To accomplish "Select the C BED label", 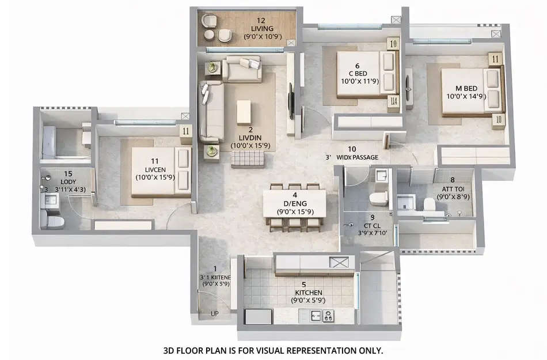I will tap(358, 73).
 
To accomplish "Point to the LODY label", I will tap(69, 182).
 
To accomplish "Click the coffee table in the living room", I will tap(244, 112).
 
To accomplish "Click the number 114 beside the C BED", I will tap(393, 102).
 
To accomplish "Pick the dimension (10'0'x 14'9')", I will tap(466, 96).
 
